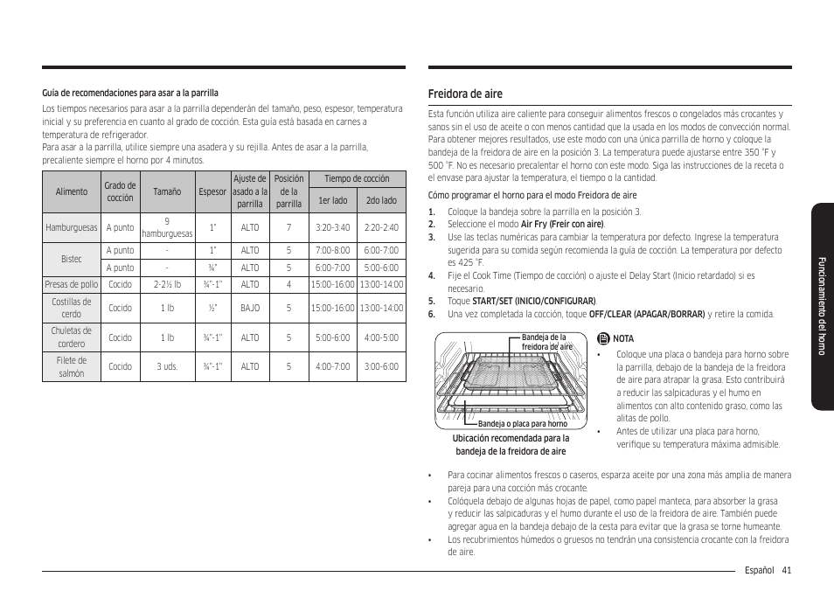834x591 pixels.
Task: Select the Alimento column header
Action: point(72,191)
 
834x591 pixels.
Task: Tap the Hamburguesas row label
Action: point(72,227)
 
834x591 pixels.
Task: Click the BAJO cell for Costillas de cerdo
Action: point(250,308)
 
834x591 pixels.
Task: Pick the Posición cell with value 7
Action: point(288,227)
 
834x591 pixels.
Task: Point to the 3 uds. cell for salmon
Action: point(167,366)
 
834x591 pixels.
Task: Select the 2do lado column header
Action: point(381,200)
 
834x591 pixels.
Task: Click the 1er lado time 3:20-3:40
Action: point(332,227)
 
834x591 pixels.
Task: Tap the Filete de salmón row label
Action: point(72,366)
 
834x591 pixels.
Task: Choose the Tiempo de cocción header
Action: point(357,178)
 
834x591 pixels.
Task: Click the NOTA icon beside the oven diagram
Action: point(603,338)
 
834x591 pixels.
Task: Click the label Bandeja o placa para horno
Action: point(523,424)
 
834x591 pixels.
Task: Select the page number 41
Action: point(787,571)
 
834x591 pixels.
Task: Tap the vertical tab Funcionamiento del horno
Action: point(821,306)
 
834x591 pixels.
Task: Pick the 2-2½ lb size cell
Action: point(167,284)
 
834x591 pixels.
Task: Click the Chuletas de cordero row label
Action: point(72,337)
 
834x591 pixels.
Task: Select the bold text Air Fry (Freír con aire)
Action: point(562,224)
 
